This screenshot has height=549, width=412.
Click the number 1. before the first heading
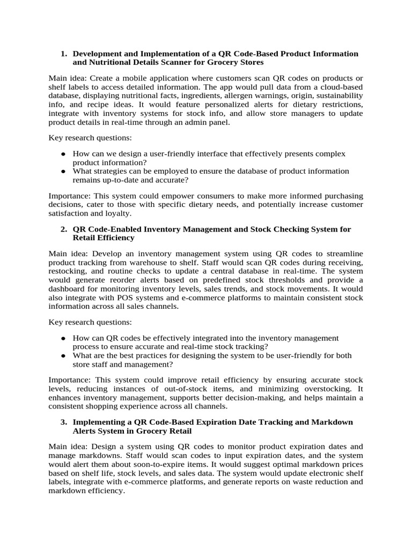pos(63,54)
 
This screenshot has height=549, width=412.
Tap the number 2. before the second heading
pos(63,229)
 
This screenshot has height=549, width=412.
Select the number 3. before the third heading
pos(63,422)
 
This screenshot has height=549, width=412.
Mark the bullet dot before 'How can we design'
pos(63,154)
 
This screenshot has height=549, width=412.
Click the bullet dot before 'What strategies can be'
pos(63,171)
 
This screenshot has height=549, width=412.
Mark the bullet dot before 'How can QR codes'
pos(63,338)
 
